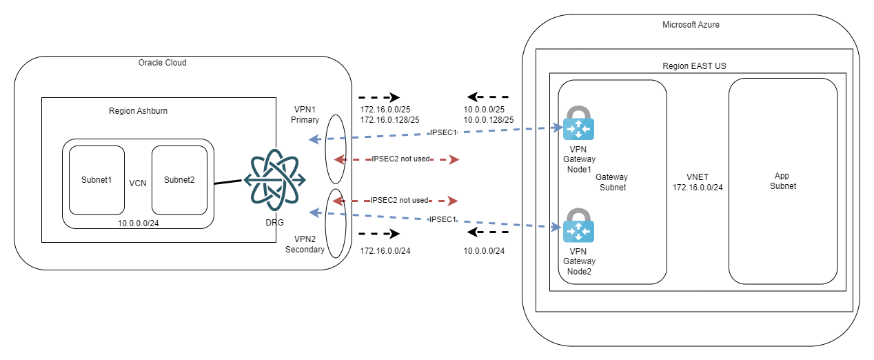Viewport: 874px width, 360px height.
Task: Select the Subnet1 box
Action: pyautogui.click(x=96, y=181)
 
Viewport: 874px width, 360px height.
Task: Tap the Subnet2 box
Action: pyautogui.click(x=179, y=181)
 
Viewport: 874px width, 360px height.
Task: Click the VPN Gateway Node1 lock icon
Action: pyautogui.click(x=578, y=124)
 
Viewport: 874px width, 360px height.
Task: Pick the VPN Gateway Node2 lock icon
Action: pyautogui.click(x=578, y=225)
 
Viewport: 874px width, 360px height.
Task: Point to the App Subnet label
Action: pyautogui.click(x=782, y=181)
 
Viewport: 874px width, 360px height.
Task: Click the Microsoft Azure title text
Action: pyautogui.click(x=691, y=25)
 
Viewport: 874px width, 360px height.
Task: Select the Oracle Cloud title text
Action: pyautogui.click(x=162, y=63)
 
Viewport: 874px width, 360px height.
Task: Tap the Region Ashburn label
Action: pyautogui.click(x=138, y=111)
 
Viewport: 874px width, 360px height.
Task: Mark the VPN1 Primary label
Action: pyautogui.click(x=305, y=114)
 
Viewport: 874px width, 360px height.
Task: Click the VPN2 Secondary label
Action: pyautogui.click(x=305, y=244)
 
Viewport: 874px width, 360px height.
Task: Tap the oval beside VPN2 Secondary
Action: pyautogui.click(x=336, y=223)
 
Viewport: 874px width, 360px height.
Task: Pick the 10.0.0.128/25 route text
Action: pyautogui.click(x=489, y=120)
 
